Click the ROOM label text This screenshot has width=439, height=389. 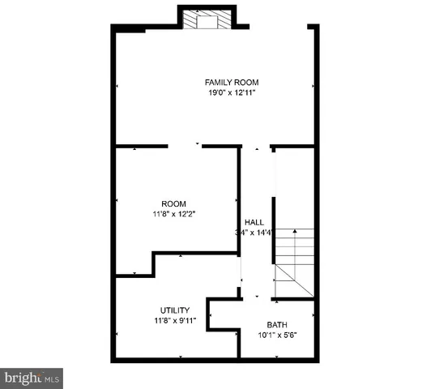point(173,203)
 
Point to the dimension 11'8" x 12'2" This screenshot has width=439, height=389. point(173,214)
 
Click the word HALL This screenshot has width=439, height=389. point(254,222)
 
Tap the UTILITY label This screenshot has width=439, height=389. point(173,310)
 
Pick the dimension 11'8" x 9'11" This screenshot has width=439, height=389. point(173,320)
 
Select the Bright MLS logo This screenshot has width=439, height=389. point(31,378)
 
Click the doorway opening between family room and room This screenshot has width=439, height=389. point(185,147)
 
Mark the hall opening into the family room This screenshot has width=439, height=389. point(256,147)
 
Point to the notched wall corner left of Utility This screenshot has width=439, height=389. point(154,263)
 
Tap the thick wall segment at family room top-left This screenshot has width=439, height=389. point(130,28)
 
